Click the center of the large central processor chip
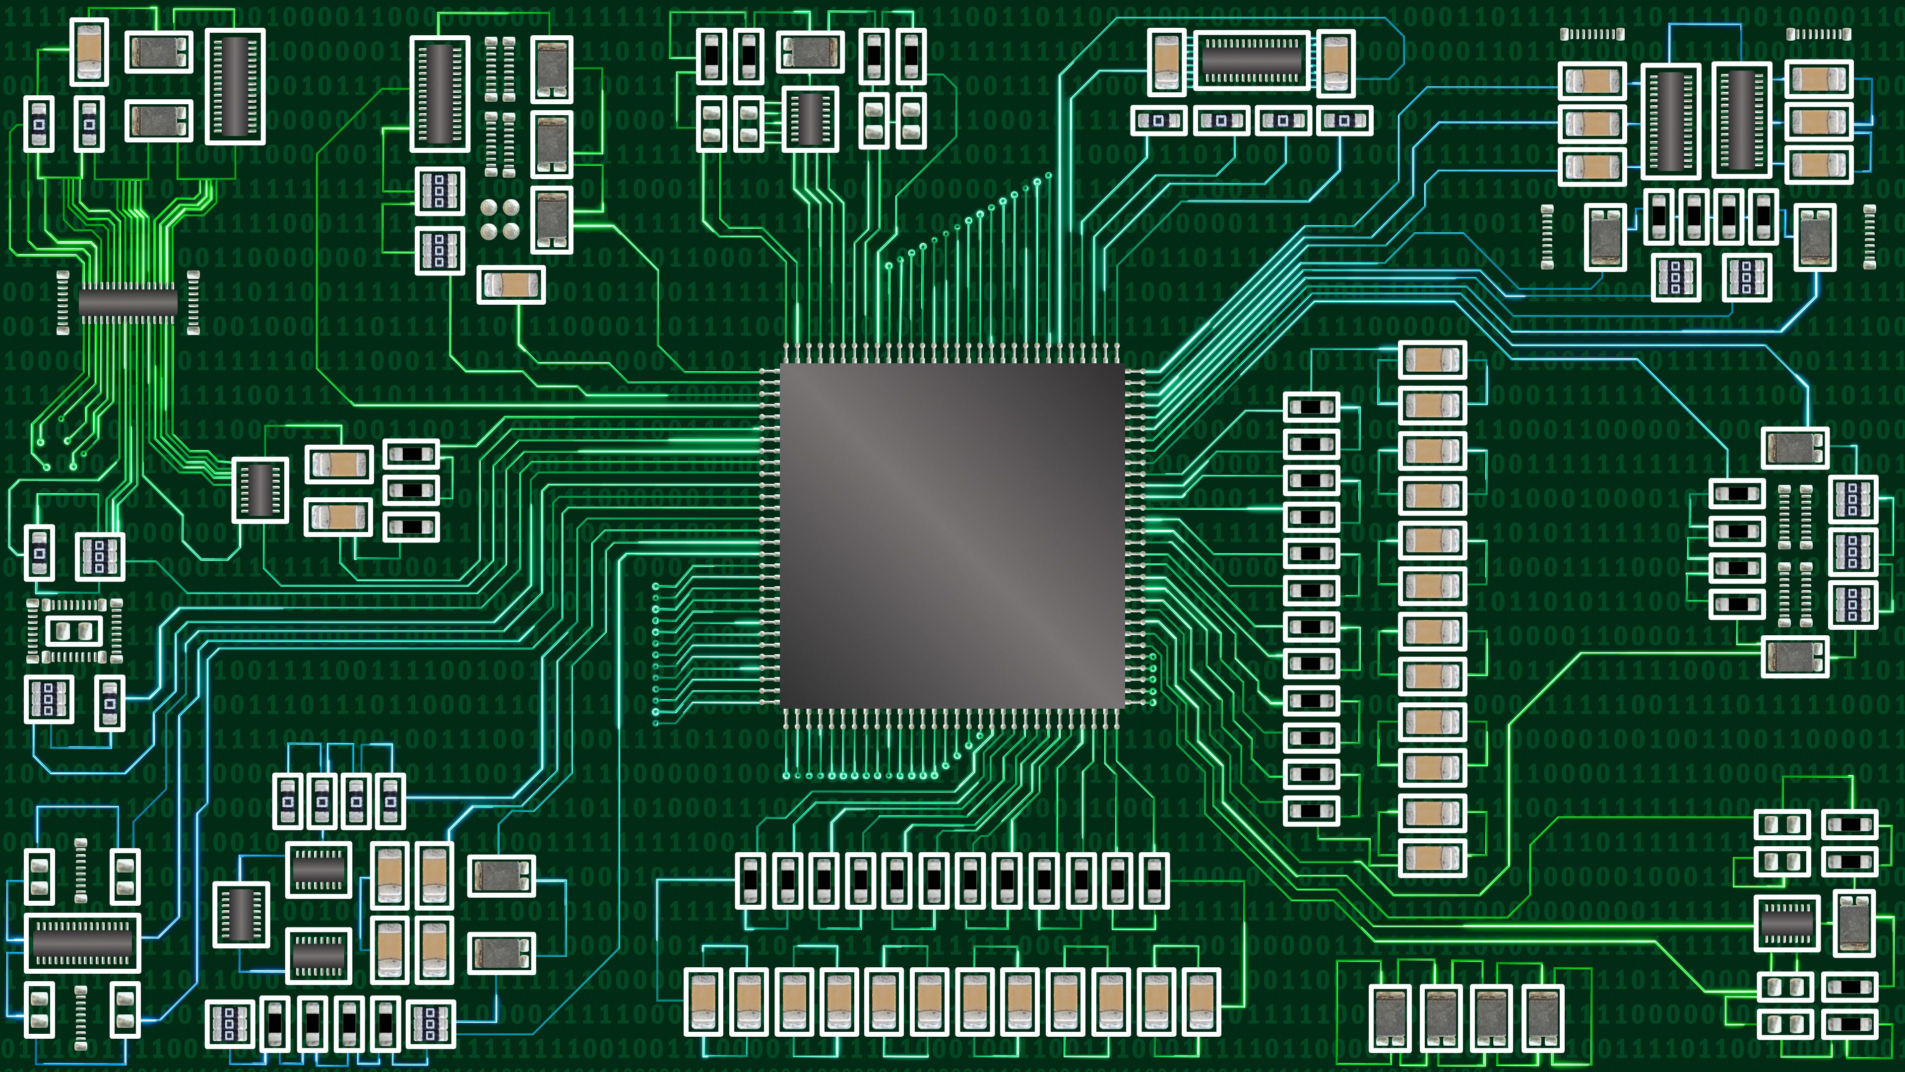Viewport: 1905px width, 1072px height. tap(952, 536)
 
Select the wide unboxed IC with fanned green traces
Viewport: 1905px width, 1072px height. tap(128, 302)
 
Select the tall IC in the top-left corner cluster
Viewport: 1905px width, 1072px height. tap(235, 86)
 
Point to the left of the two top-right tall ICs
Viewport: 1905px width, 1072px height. tap(1670, 121)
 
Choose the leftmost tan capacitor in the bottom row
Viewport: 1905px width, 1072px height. tap(702, 1002)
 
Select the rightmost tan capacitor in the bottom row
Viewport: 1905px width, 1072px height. tap(1202, 1002)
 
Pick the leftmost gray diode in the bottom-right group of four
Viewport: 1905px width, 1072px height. tap(1390, 1017)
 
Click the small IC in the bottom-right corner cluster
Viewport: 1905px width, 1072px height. tap(1786, 923)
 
